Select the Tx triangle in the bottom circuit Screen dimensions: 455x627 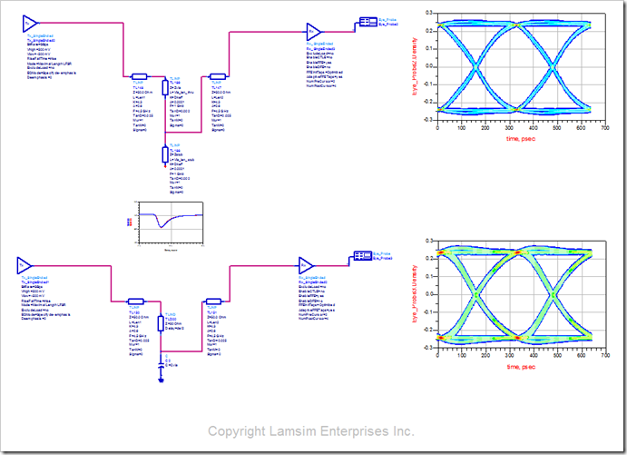[x=21, y=265]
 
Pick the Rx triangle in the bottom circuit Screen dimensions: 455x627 [x=305, y=265]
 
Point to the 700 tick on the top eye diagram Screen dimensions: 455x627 [x=603, y=128]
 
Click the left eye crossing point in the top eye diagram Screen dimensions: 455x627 [x=475, y=66]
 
